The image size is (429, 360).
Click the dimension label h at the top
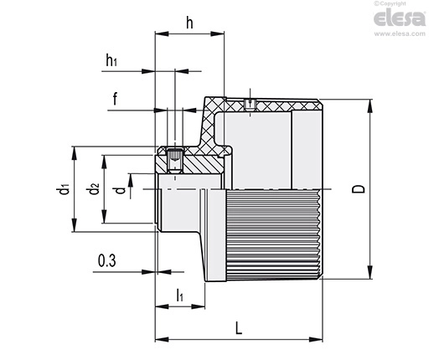[x=189, y=23]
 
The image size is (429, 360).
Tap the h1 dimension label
[x=111, y=59]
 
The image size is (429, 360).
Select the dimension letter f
[x=115, y=98]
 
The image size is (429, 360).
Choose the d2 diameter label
[x=92, y=188]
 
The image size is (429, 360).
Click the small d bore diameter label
[x=121, y=190]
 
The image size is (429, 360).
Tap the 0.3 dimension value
[x=107, y=260]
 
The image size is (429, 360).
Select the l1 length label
[x=180, y=296]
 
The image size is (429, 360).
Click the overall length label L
[x=239, y=328]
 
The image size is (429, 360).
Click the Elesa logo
[x=400, y=18]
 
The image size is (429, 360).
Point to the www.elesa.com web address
[x=400, y=33]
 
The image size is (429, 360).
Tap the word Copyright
[x=393, y=3]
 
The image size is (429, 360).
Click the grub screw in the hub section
[x=175, y=161]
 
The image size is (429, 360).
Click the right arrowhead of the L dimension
[x=316, y=340]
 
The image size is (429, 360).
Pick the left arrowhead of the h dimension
[x=162, y=33]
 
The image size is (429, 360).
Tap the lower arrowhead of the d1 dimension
[x=74, y=225]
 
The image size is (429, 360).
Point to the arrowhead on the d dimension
[x=131, y=180]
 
